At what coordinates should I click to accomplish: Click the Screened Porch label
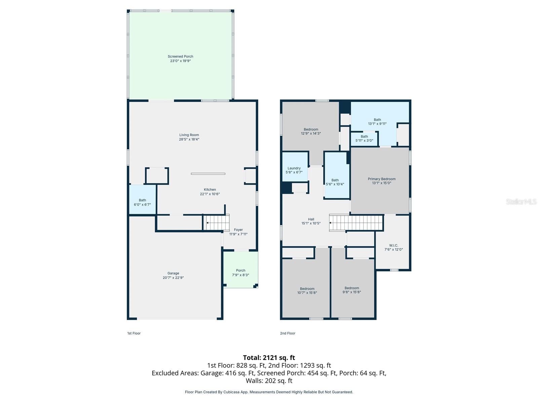pos(181,56)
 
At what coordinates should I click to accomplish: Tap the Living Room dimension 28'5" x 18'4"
pos(189,139)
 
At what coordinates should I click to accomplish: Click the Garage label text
pos(173,273)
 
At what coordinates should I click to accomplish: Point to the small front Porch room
pos(240,272)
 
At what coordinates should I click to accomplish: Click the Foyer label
pos(238,230)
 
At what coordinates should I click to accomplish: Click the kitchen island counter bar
pos(208,174)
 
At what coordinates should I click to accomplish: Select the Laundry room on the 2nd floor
pos(294,170)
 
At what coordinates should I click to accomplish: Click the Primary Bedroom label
pos(382,179)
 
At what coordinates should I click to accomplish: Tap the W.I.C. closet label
pos(393,245)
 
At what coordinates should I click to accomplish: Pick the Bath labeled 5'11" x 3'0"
pos(364,138)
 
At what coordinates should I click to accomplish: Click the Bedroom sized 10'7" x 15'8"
pos(307,290)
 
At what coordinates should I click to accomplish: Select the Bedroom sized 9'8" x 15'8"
pos(352,290)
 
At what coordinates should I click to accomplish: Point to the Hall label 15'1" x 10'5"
pos(311,221)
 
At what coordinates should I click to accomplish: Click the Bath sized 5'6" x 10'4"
pos(335,182)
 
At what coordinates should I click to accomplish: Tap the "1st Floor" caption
pos(134,333)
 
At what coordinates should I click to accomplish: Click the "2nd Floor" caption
pos(287,333)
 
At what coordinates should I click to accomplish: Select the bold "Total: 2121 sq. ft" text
pos(269,358)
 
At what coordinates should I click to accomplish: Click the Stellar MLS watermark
pos(521,201)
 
